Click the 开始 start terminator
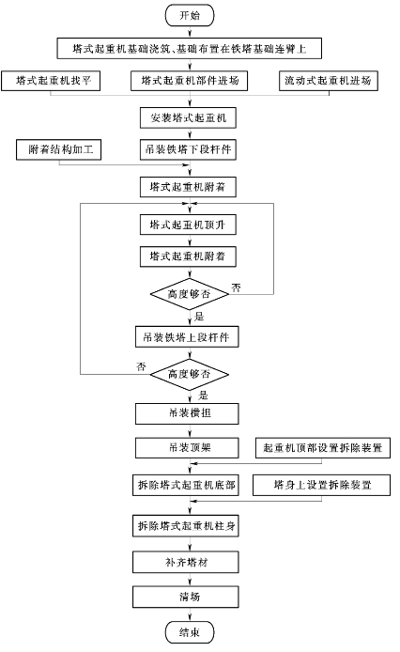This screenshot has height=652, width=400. point(190,15)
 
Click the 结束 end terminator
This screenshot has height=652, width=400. point(190,632)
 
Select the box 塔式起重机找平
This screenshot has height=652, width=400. point(51,80)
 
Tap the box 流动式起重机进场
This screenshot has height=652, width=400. point(329,80)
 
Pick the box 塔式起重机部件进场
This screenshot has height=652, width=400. point(189,80)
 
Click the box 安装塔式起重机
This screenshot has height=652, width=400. point(189,117)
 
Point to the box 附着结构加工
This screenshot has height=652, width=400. point(58,149)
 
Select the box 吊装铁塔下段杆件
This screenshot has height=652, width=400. point(189,149)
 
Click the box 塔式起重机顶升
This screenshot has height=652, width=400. point(189,225)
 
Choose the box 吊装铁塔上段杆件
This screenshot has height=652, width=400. point(187,337)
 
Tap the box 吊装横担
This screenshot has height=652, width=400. point(187,413)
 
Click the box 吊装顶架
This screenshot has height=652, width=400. point(187,448)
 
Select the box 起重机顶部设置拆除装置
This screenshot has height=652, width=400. point(323,448)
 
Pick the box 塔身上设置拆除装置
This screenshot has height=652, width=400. point(321,485)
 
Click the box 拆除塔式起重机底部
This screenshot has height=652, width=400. point(186,485)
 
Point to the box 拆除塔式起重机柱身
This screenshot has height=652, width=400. point(186,526)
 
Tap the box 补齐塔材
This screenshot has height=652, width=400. point(186,562)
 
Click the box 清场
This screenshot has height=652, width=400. point(186,597)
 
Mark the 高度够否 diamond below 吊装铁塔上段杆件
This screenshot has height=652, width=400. point(189,374)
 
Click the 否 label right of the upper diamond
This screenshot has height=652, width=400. point(237,287)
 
